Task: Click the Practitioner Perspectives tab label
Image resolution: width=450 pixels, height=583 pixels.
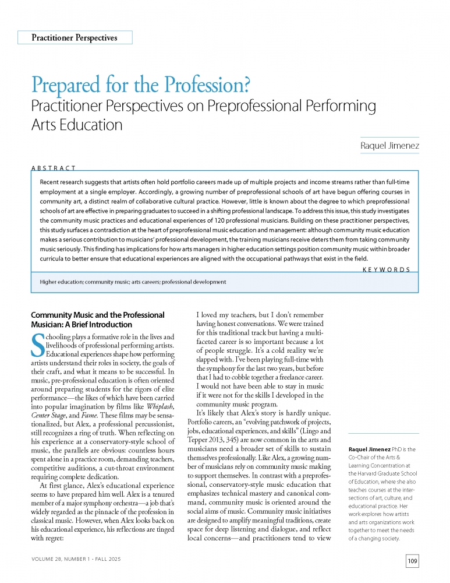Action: pos(75,38)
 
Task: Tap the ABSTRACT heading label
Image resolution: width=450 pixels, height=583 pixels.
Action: pos(54,168)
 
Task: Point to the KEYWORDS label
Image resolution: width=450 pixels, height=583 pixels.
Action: pos(386,269)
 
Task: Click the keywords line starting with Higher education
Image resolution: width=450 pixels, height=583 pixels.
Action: pos(133,282)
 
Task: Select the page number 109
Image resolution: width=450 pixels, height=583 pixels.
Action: pos(413,561)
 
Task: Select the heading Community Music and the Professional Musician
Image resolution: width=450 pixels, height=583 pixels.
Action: pos(97,319)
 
